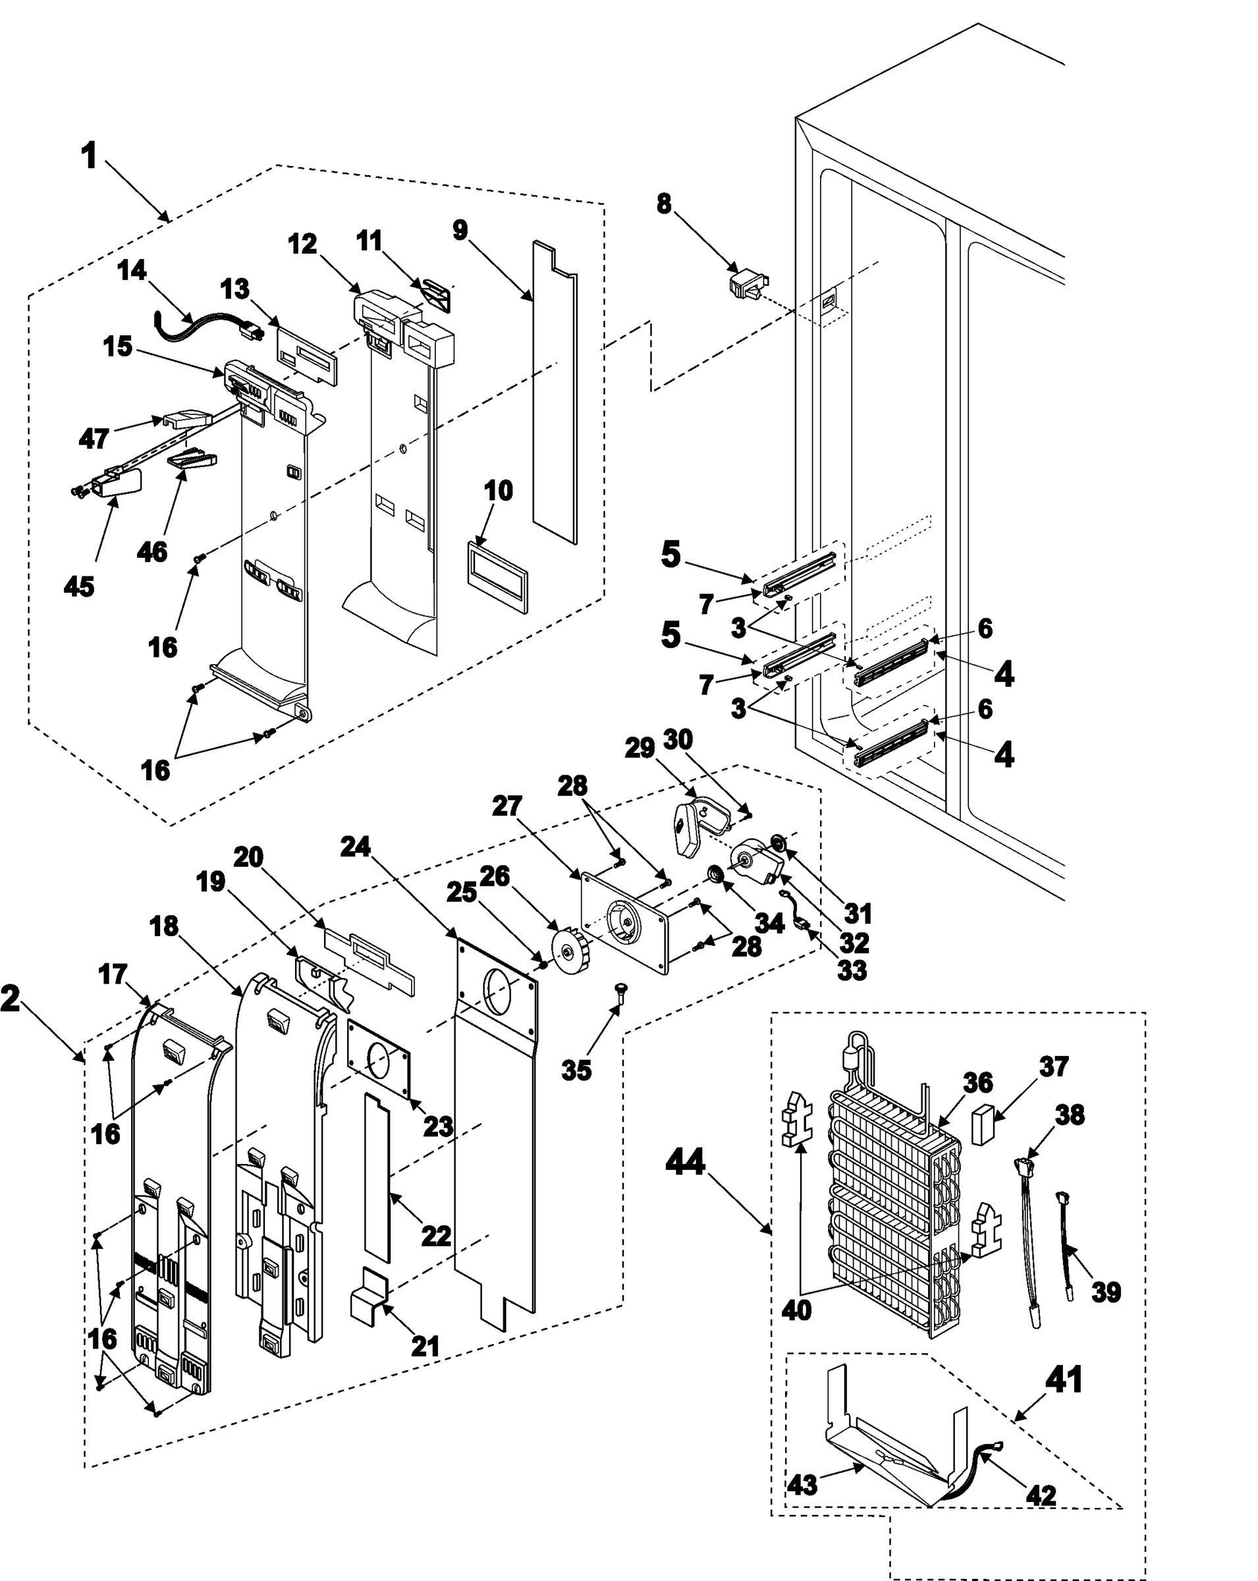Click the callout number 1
90,156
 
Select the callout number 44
685,1162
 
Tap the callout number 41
1063,1380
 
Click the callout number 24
356,847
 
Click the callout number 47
94,439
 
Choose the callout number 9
460,229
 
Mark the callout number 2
11,999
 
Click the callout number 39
1105,1292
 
